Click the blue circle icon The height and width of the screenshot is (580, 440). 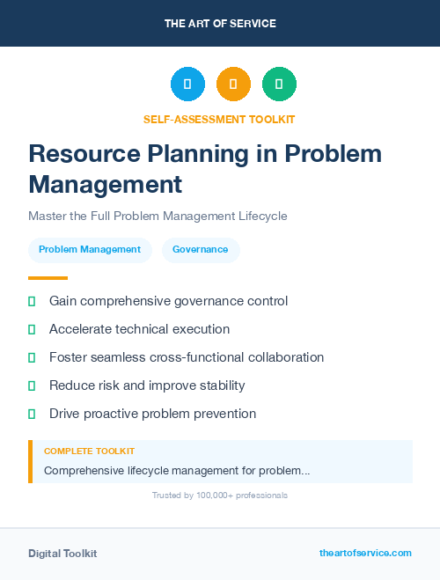click(187, 84)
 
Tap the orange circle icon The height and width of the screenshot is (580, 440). click(233, 84)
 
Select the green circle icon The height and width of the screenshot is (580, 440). click(279, 84)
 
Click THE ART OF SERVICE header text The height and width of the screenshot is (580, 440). click(220, 24)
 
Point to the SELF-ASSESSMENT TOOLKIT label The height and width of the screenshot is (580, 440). click(220, 119)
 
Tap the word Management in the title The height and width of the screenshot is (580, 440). click(105, 185)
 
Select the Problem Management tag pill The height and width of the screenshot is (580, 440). click(90, 250)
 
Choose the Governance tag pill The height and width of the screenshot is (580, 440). click(200, 250)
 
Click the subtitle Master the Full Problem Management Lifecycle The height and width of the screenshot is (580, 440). click(158, 216)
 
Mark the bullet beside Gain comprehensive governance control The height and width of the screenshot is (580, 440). click(32, 301)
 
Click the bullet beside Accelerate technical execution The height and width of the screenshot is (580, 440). click(32, 329)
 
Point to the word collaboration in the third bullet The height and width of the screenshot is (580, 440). click(281, 357)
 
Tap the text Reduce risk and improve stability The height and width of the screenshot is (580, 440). click(147, 385)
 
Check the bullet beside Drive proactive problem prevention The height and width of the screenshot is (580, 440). click(32, 414)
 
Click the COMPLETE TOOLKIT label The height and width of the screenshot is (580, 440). click(89, 452)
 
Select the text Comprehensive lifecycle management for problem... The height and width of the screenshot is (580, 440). click(176, 471)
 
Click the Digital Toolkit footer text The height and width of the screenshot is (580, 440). click(62, 554)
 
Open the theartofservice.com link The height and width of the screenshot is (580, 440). click(365, 553)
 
